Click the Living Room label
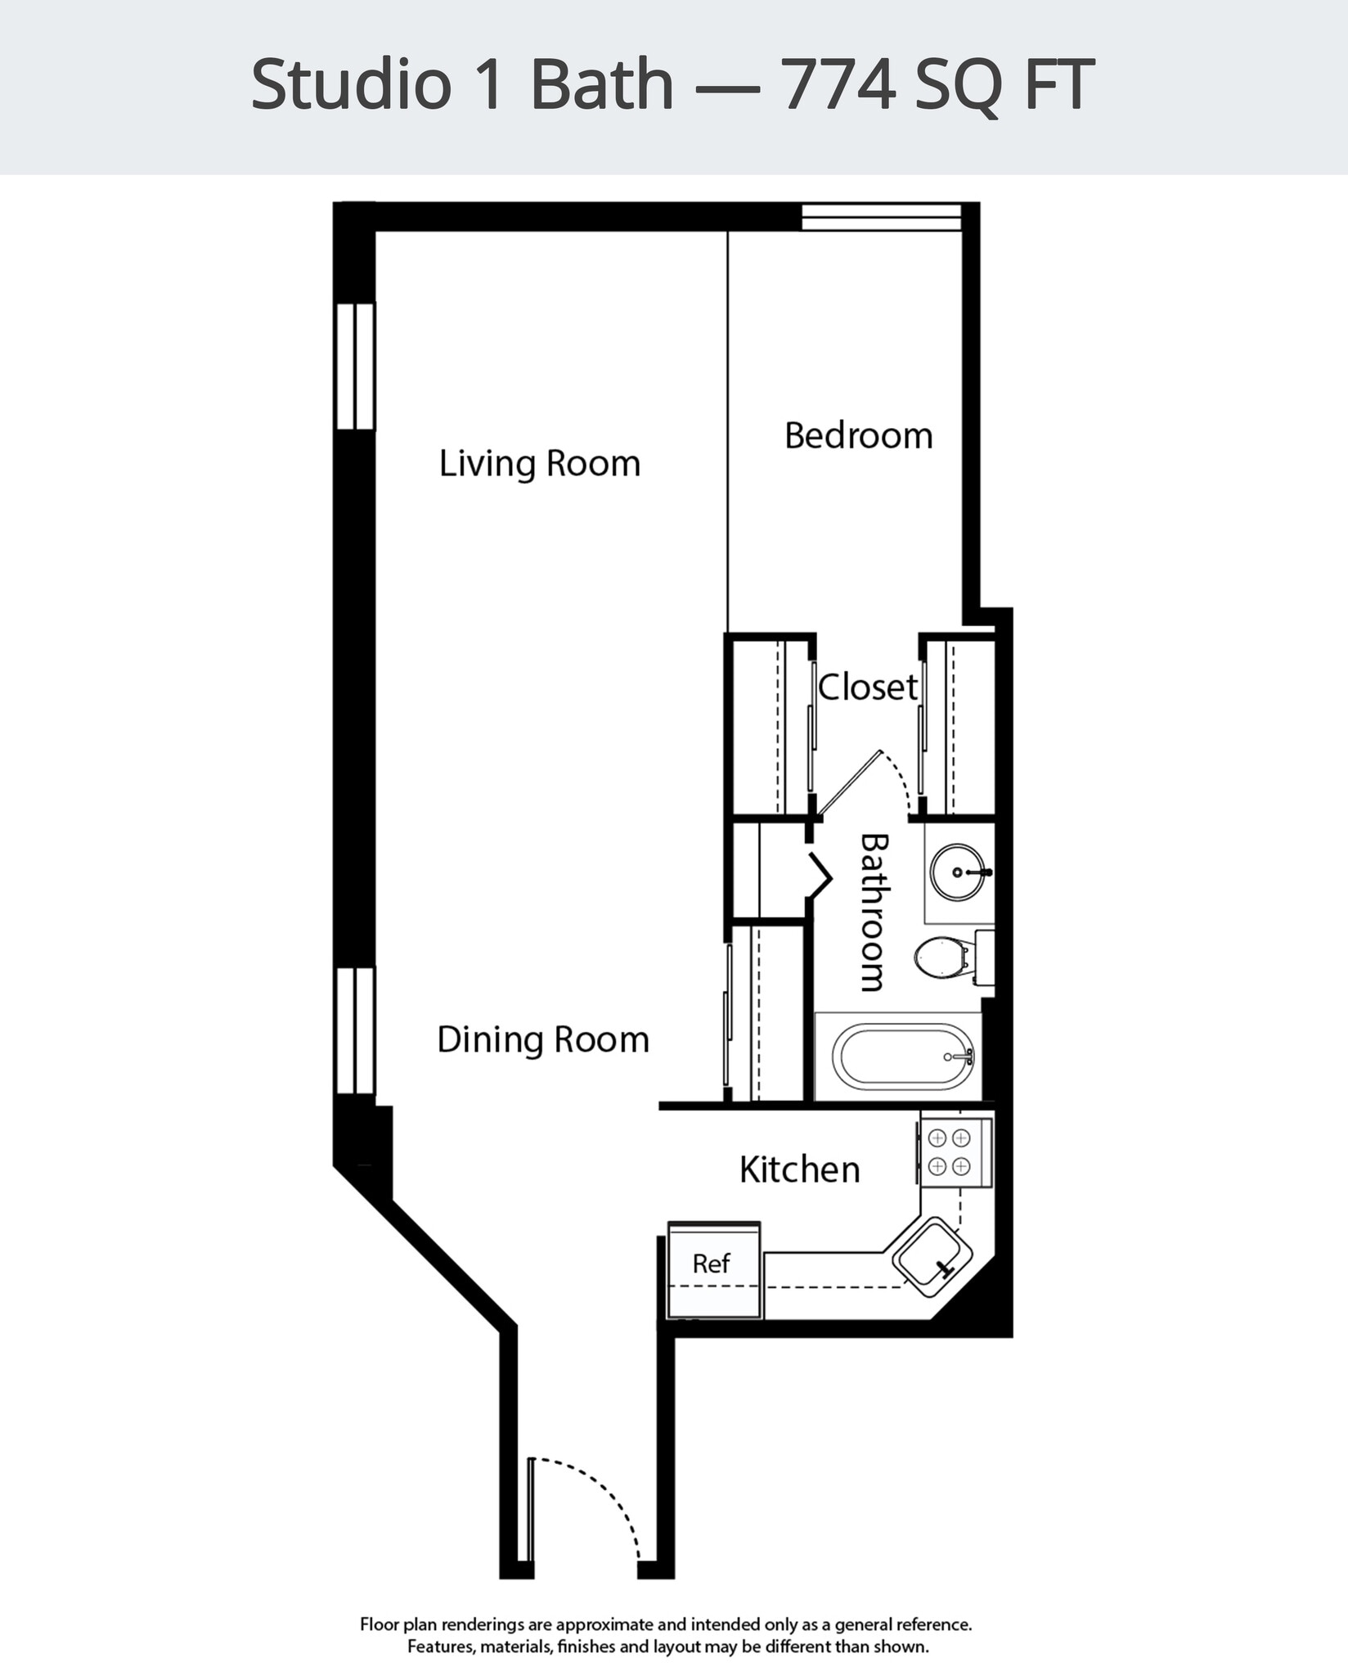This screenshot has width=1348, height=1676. pyautogui.click(x=539, y=464)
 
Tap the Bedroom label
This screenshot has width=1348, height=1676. pyautogui.click(x=858, y=436)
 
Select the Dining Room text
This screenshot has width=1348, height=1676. pyautogui.click(x=543, y=1040)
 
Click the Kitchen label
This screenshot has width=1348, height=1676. pyautogui.click(x=799, y=1169)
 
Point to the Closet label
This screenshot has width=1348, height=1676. pyautogui.click(x=867, y=687)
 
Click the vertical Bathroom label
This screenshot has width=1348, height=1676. pyautogui.click(x=874, y=912)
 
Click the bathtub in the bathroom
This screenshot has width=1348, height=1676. pyautogui.click(x=903, y=1057)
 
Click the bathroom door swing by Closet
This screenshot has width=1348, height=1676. pyautogui.click(x=875, y=777)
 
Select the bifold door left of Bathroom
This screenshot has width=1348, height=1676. pyautogui.click(x=820, y=877)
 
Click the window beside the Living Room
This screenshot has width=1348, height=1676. pyautogui.click(x=356, y=366)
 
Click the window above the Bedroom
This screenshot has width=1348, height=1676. pyautogui.click(x=880, y=218)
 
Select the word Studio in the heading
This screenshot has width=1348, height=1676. pyautogui.click(x=351, y=84)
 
